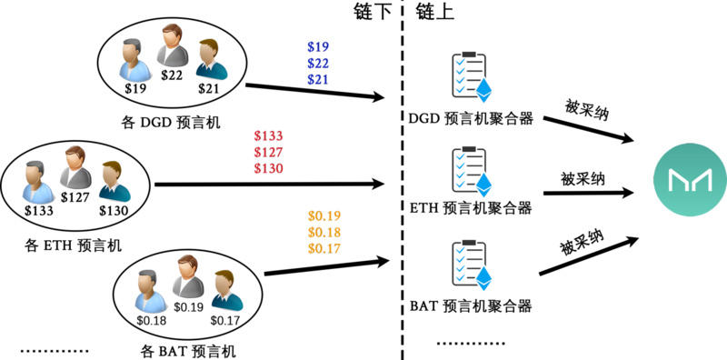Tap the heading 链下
372,12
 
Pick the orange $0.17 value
324,248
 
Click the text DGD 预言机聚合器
471,119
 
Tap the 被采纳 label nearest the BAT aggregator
582,245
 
